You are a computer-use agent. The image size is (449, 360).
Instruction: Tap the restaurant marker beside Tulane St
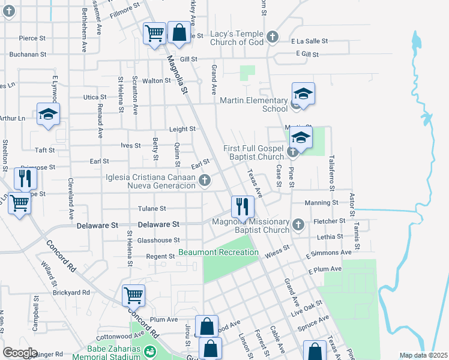(x=243, y=206)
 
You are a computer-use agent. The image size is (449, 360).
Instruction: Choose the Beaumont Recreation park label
(x=218, y=252)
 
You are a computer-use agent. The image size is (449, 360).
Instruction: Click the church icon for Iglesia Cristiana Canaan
(x=205, y=180)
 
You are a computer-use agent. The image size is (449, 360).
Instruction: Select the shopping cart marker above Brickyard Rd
(x=133, y=295)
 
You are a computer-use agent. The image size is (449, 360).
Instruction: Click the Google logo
(x=20, y=353)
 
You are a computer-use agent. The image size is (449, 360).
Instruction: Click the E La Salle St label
(x=309, y=41)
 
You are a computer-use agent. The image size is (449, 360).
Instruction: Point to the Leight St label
(x=182, y=129)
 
